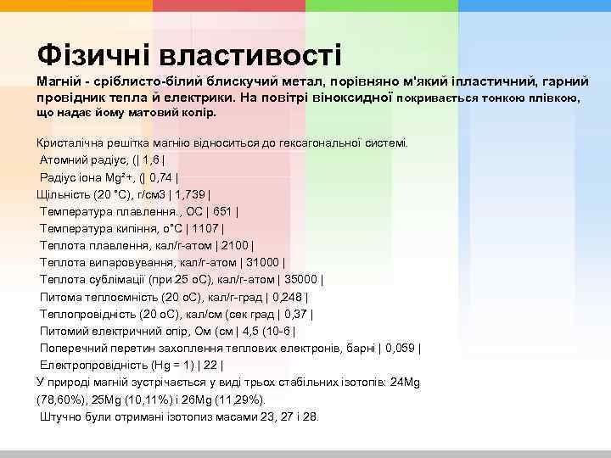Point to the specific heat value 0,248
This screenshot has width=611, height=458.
click(x=289, y=297)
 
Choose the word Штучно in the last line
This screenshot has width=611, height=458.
click(x=60, y=416)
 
